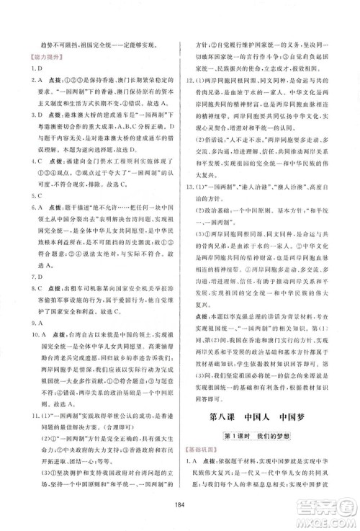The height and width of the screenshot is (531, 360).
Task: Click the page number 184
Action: coord(179,504)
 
